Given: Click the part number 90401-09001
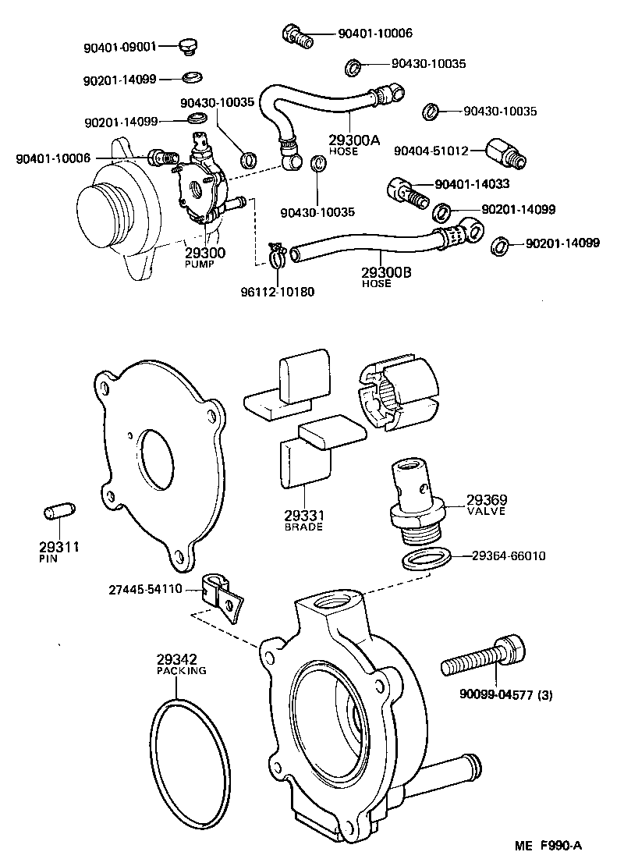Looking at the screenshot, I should (x=119, y=46).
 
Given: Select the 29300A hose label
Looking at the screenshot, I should (x=353, y=140).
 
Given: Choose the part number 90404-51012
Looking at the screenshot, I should (x=431, y=150).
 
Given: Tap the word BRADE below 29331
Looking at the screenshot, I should (x=303, y=527).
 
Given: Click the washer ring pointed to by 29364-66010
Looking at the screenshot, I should (x=427, y=559).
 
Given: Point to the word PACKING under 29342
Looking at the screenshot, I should (x=181, y=670).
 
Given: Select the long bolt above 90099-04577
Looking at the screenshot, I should (x=484, y=657).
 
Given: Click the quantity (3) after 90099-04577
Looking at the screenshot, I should (x=544, y=694).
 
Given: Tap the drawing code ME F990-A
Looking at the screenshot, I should (x=548, y=843).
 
